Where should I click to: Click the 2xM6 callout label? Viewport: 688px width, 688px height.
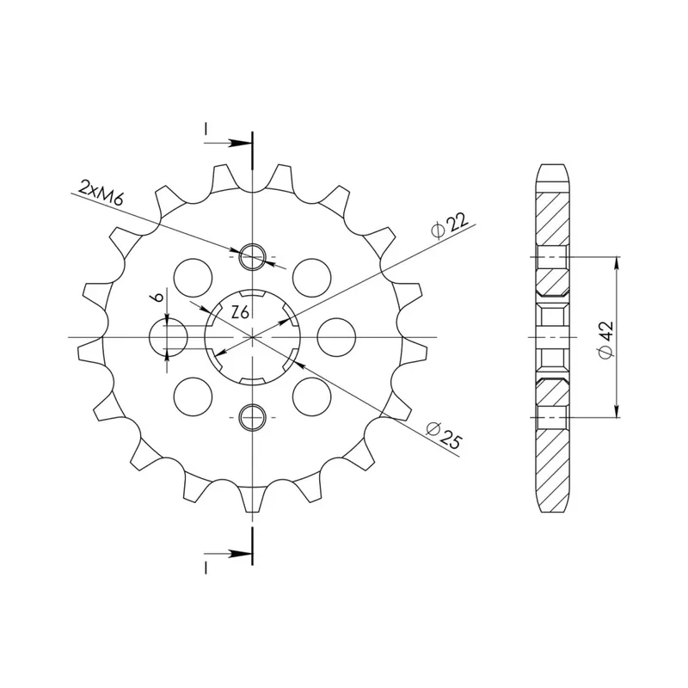pyautogui.click(x=101, y=192)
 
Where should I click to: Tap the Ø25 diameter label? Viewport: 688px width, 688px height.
pyautogui.click(x=444, y=434)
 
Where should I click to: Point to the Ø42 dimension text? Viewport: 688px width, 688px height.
pyautogui.click(x=606, y=340)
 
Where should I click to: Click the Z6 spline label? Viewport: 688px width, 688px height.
pyautogui.click(x=240, y=312)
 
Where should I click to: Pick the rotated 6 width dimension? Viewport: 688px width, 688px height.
pyautogui.click(x=158, y=296)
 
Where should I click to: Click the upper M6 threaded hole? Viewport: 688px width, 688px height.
pyautogui.click(x=252, y=256)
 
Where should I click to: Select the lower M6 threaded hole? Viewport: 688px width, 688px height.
pyautogui.click(x=252, y=417)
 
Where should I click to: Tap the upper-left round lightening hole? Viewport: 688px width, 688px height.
pyautogui.click(x=193, y=278)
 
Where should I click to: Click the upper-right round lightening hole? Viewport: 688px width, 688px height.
pyautogui.click(x=312, y=278)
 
